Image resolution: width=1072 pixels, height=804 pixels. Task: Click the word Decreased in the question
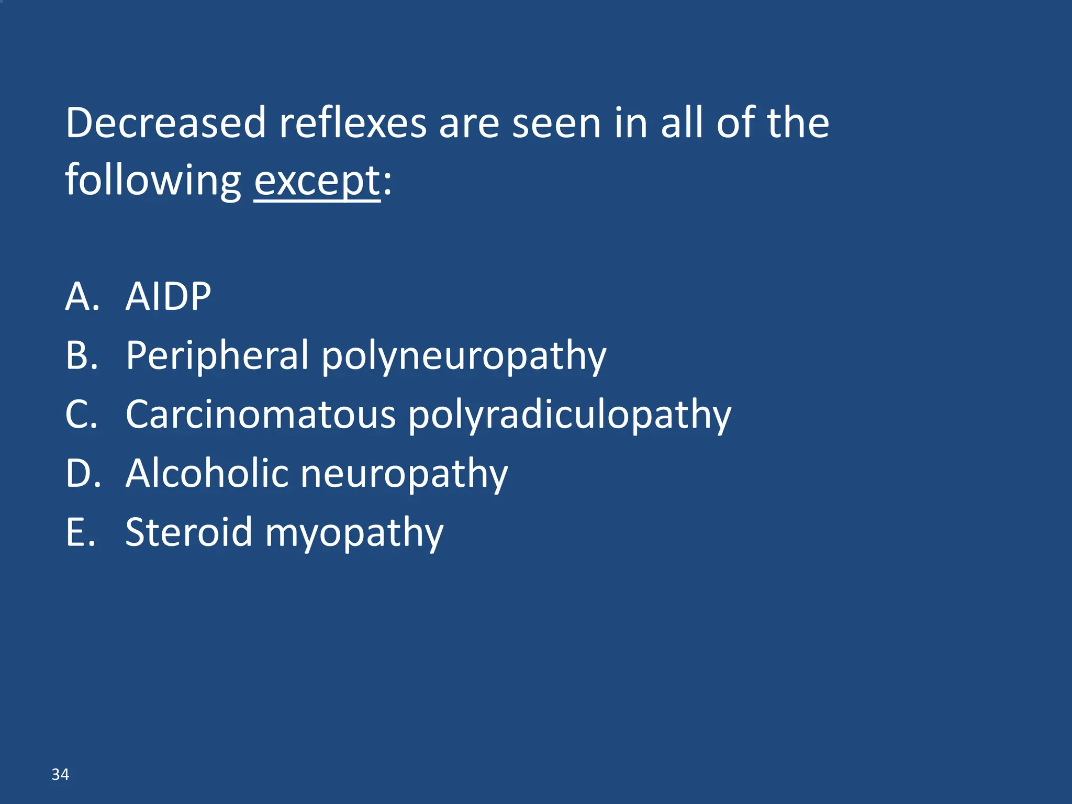165,123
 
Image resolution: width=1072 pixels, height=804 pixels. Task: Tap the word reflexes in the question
353,123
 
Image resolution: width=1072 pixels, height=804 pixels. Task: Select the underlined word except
317,181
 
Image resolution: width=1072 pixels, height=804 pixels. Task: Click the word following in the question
153,181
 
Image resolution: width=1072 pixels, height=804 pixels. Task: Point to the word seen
556,123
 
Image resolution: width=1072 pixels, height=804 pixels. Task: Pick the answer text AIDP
168,296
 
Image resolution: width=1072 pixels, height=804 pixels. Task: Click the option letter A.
81,296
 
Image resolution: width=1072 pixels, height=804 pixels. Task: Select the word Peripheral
217,356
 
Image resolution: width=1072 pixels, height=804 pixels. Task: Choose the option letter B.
81,356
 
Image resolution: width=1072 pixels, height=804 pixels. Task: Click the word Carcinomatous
260,415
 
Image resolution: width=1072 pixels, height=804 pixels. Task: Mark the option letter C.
81,415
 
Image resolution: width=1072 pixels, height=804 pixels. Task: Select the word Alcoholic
207,473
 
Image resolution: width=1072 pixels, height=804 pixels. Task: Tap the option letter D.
82,473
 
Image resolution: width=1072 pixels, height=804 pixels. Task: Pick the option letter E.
80,532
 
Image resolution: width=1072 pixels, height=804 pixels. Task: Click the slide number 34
60,774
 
